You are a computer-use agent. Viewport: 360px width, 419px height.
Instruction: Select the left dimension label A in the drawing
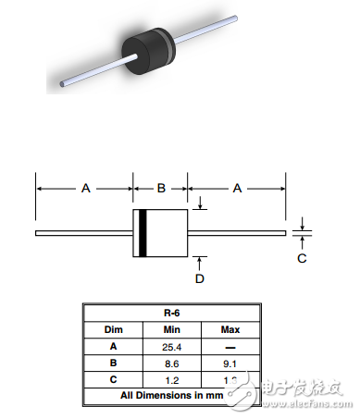point(85,188)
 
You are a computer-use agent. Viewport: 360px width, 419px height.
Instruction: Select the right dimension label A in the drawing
point(237,188)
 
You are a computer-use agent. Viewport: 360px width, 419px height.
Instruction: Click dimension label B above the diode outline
point(160,188)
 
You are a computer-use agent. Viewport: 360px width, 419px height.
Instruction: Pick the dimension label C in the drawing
point(302,259)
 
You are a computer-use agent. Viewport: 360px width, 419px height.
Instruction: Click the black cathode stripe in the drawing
point(143,233)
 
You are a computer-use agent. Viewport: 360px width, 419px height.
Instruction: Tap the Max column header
point(230,330)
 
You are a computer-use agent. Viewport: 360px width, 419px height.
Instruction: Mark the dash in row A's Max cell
point(230,347)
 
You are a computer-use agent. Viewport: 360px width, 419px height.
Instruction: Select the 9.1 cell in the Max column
point(230,364)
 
